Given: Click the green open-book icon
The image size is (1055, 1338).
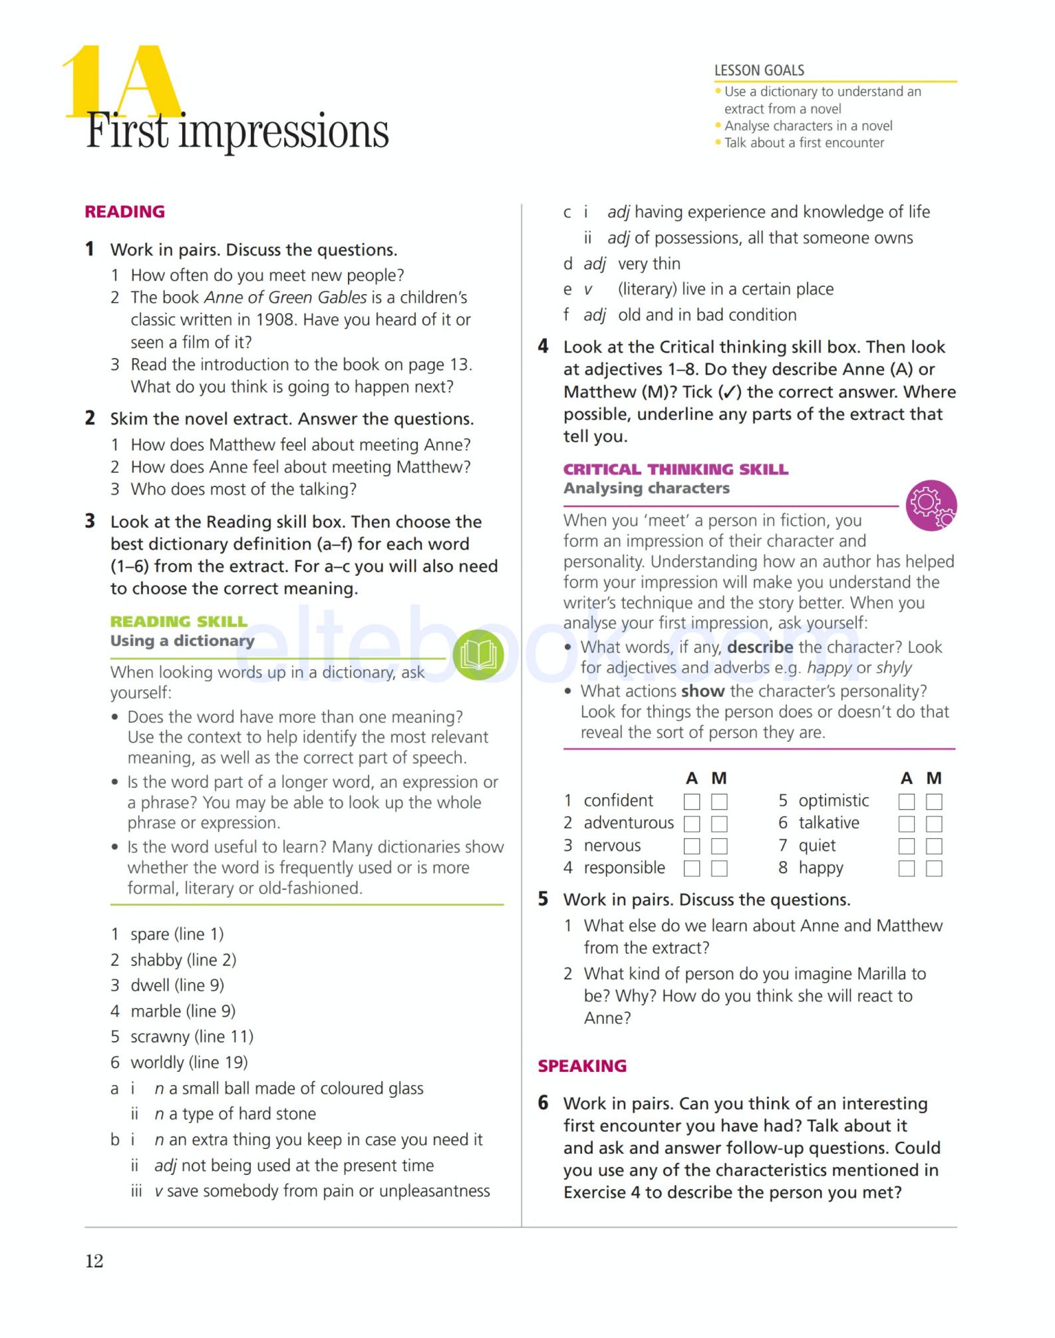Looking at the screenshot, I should click(478, 655).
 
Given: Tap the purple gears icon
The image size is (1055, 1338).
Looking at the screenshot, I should click(931, 505).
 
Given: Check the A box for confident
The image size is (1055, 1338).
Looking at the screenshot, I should click(692, 801).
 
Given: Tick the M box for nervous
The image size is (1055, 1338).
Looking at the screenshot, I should click(719, 846).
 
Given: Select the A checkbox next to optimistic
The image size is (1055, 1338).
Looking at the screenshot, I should click(906, 801).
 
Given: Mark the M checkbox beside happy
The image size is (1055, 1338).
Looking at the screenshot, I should click(934, 868).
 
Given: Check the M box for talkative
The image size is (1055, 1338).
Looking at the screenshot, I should click(934, 824).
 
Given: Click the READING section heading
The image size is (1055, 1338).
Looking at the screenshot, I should click(124, 212).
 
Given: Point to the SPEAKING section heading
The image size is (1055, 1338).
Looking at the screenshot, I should click(582, 1065).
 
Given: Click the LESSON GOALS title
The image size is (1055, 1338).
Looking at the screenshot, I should click(759, 70).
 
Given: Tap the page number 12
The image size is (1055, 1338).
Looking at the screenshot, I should click(94, 1261).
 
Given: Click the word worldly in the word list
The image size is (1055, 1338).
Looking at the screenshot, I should click(157, 1062).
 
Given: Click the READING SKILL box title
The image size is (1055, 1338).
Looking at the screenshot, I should click(178, 621).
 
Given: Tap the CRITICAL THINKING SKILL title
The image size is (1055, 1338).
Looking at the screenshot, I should click(675, 469).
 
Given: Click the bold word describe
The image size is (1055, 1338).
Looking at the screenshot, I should click(760, 647).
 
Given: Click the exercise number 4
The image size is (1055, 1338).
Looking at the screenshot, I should click(543, 347).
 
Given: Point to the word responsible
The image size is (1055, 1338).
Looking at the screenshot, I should click(624, 868).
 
